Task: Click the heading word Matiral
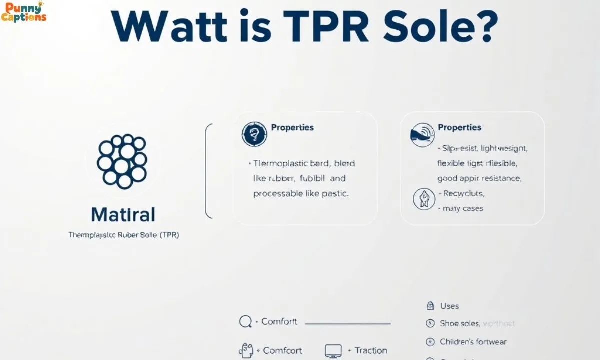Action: click(x=123, y=215)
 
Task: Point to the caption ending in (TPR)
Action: click(x=123, y=235)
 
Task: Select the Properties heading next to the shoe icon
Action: click(x=459, y=127)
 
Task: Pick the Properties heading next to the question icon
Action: click(x=292, y=127)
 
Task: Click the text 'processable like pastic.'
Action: click(x=301, y=193)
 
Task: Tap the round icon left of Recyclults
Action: click(x=424, y=199)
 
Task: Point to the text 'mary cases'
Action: click(x=463, y=208)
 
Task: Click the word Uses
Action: click(x=449, y=306)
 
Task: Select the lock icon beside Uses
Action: click(x=430, y=306)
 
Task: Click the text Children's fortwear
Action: click(x=473, y=342)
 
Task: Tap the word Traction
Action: click(x=371, y=350)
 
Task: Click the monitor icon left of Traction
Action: click(x=333, y=350)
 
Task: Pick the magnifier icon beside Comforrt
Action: click(x=245, y=322)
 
